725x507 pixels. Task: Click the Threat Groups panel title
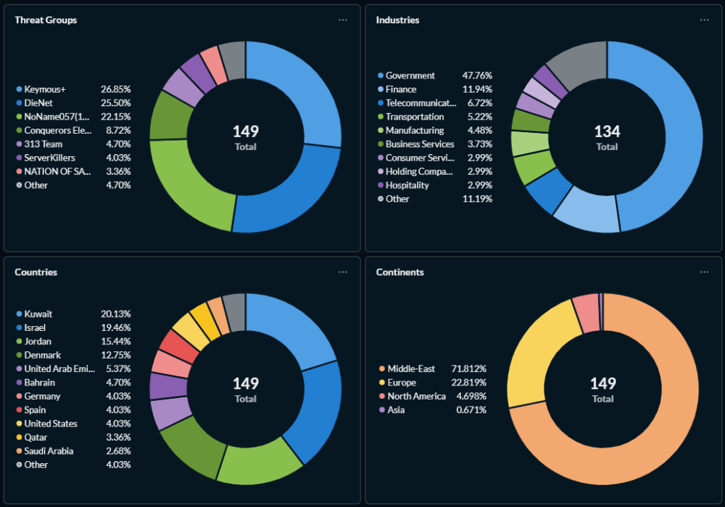(46, 20)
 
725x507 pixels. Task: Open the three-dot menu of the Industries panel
(704, 20)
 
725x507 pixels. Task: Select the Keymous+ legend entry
(45, 90)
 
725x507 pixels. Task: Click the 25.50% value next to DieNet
(115, 103)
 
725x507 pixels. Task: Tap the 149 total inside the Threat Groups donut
(246, 132)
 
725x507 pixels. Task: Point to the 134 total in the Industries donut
(607, 132)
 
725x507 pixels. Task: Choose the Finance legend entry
(401, 90)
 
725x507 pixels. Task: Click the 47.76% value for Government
(477, 76)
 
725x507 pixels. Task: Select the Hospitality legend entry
(407, 185)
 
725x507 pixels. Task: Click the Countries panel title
(36, 272)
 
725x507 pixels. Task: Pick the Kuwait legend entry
(38, 314)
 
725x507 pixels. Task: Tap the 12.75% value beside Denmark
(115, 355)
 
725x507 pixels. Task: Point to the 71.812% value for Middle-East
(471, 369)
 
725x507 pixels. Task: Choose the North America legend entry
(416, 397)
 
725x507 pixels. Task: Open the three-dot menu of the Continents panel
(704, 272)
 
